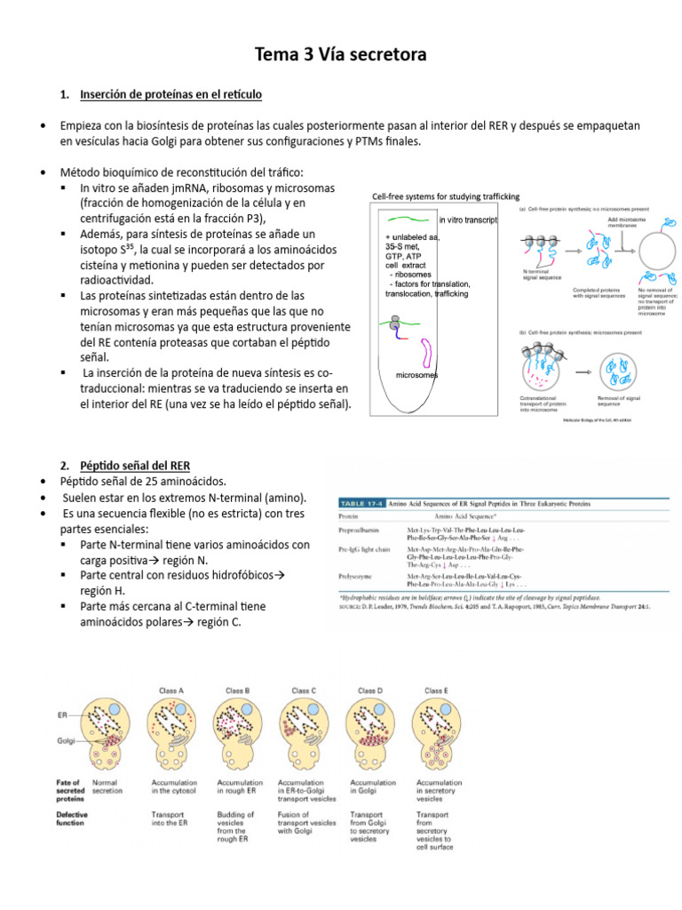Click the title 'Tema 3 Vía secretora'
coord(341,55)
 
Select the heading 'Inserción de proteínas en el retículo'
coord(170,93)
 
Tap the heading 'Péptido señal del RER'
coord(134,466)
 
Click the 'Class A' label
coord(170,690)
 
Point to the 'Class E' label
coord(436,690)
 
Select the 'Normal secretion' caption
coord(107,786)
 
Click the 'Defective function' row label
coord(72,818)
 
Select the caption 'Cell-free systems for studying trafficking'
coord(446,196)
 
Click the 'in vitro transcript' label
coord(467,220)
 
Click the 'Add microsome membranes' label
coord(626,222)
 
